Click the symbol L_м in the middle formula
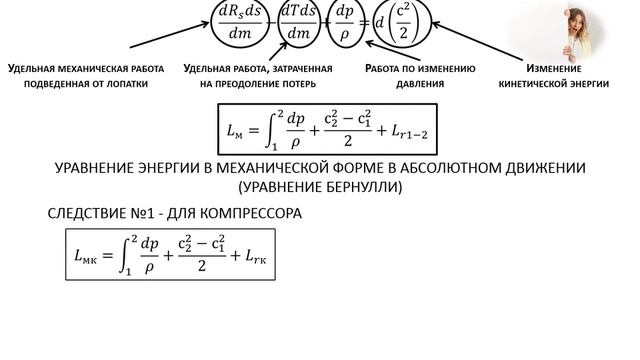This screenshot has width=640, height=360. tap(238, 130)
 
